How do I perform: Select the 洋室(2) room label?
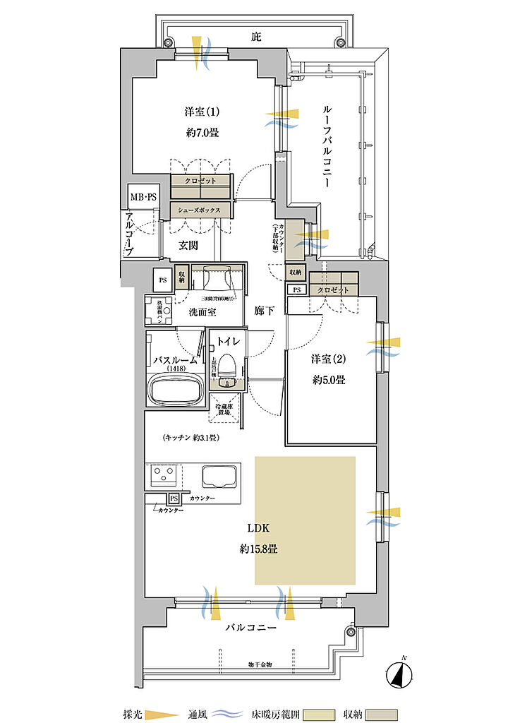pos(327,359)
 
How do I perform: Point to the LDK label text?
pos(257,527)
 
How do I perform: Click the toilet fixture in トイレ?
pos(226,369)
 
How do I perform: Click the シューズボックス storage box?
pos(200,210)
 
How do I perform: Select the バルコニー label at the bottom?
pos(250,626)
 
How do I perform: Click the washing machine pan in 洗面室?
pos(159,310)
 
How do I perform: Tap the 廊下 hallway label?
pos(264,311)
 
